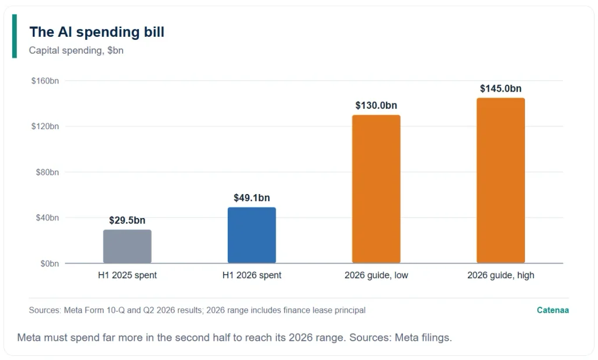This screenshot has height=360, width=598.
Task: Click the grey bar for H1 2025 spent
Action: [127, 246]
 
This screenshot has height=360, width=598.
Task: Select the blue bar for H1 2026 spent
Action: [252, 235]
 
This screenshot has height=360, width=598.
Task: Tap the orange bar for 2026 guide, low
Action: [376, 189]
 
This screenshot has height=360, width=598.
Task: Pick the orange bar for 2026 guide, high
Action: [500, 181]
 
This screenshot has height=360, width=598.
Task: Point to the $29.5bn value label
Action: [127, 220]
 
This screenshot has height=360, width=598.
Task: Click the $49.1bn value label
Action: [252, 198]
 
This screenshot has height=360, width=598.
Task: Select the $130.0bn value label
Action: [376, 105]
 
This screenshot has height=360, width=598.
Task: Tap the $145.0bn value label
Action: [500, 89]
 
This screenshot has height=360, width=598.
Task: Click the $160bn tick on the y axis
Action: [45, 81]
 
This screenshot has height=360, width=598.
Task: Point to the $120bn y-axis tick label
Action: [45, 126]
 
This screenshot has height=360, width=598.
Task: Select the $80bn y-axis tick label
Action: [47, 172]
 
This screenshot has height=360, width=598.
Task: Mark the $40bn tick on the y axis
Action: [47, 217]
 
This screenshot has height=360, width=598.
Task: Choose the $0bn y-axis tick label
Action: [50, 264]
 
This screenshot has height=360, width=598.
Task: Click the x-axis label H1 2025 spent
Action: [127, 275]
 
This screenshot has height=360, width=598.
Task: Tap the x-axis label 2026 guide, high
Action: [500, 275]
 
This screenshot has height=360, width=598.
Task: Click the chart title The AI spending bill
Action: [97, 32]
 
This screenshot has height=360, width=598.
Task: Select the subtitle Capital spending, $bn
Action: [77, 50]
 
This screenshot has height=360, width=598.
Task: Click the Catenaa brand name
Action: [552, 310]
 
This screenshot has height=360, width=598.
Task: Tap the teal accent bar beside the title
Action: [15, 36]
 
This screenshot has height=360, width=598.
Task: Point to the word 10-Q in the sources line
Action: [116, 310]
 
